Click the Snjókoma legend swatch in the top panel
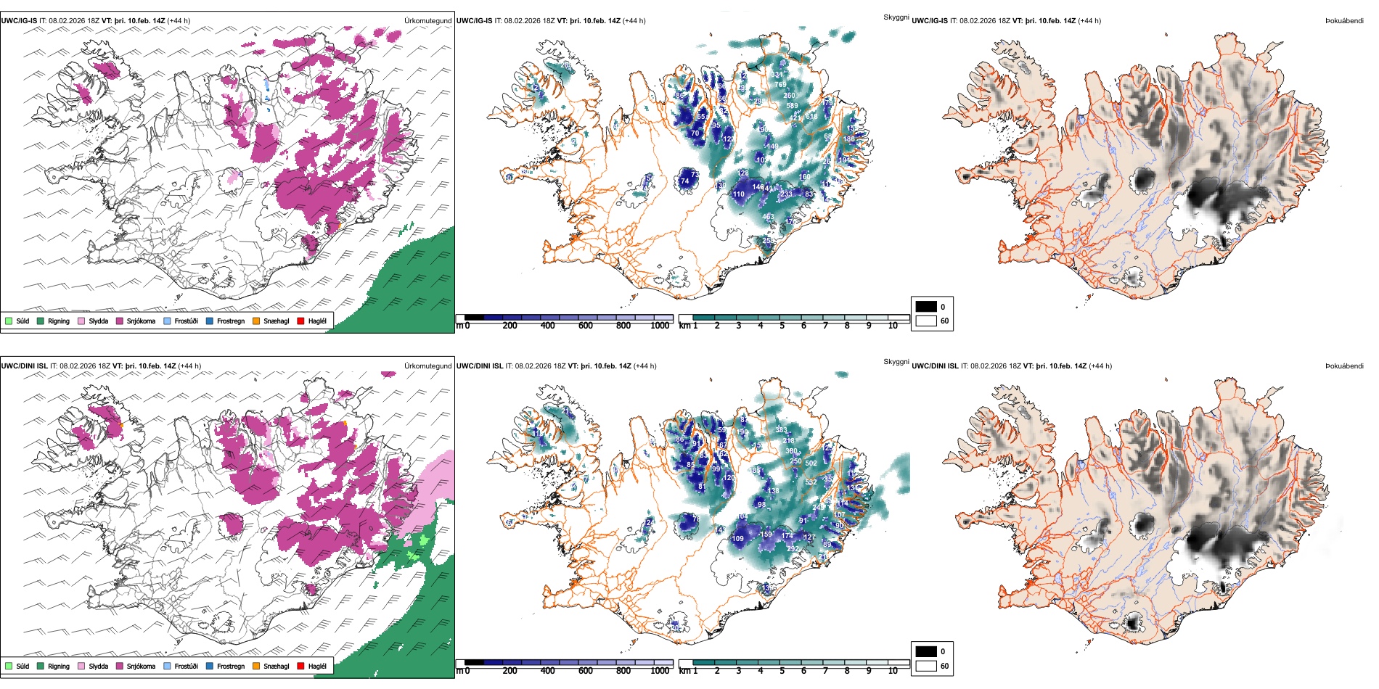(120, 321)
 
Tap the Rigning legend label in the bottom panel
(59, 666)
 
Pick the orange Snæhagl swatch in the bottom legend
(256, 666)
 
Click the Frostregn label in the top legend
(231, 321)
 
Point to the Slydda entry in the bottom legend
(99, 666)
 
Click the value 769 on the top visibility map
(780, 85)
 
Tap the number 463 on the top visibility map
(768, 217)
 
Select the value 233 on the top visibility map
(786, 194)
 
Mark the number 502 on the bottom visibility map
(811, 463)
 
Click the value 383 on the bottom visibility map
(781, 430)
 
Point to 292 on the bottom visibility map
(793, 549)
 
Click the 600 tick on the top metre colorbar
(586, 326)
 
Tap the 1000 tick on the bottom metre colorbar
(660, 671)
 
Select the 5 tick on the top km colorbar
(782, 326)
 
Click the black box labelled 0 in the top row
(926, 307)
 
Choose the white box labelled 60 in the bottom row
(926, 666)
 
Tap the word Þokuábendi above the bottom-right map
(1344, 366)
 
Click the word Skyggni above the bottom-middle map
(896, 361)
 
